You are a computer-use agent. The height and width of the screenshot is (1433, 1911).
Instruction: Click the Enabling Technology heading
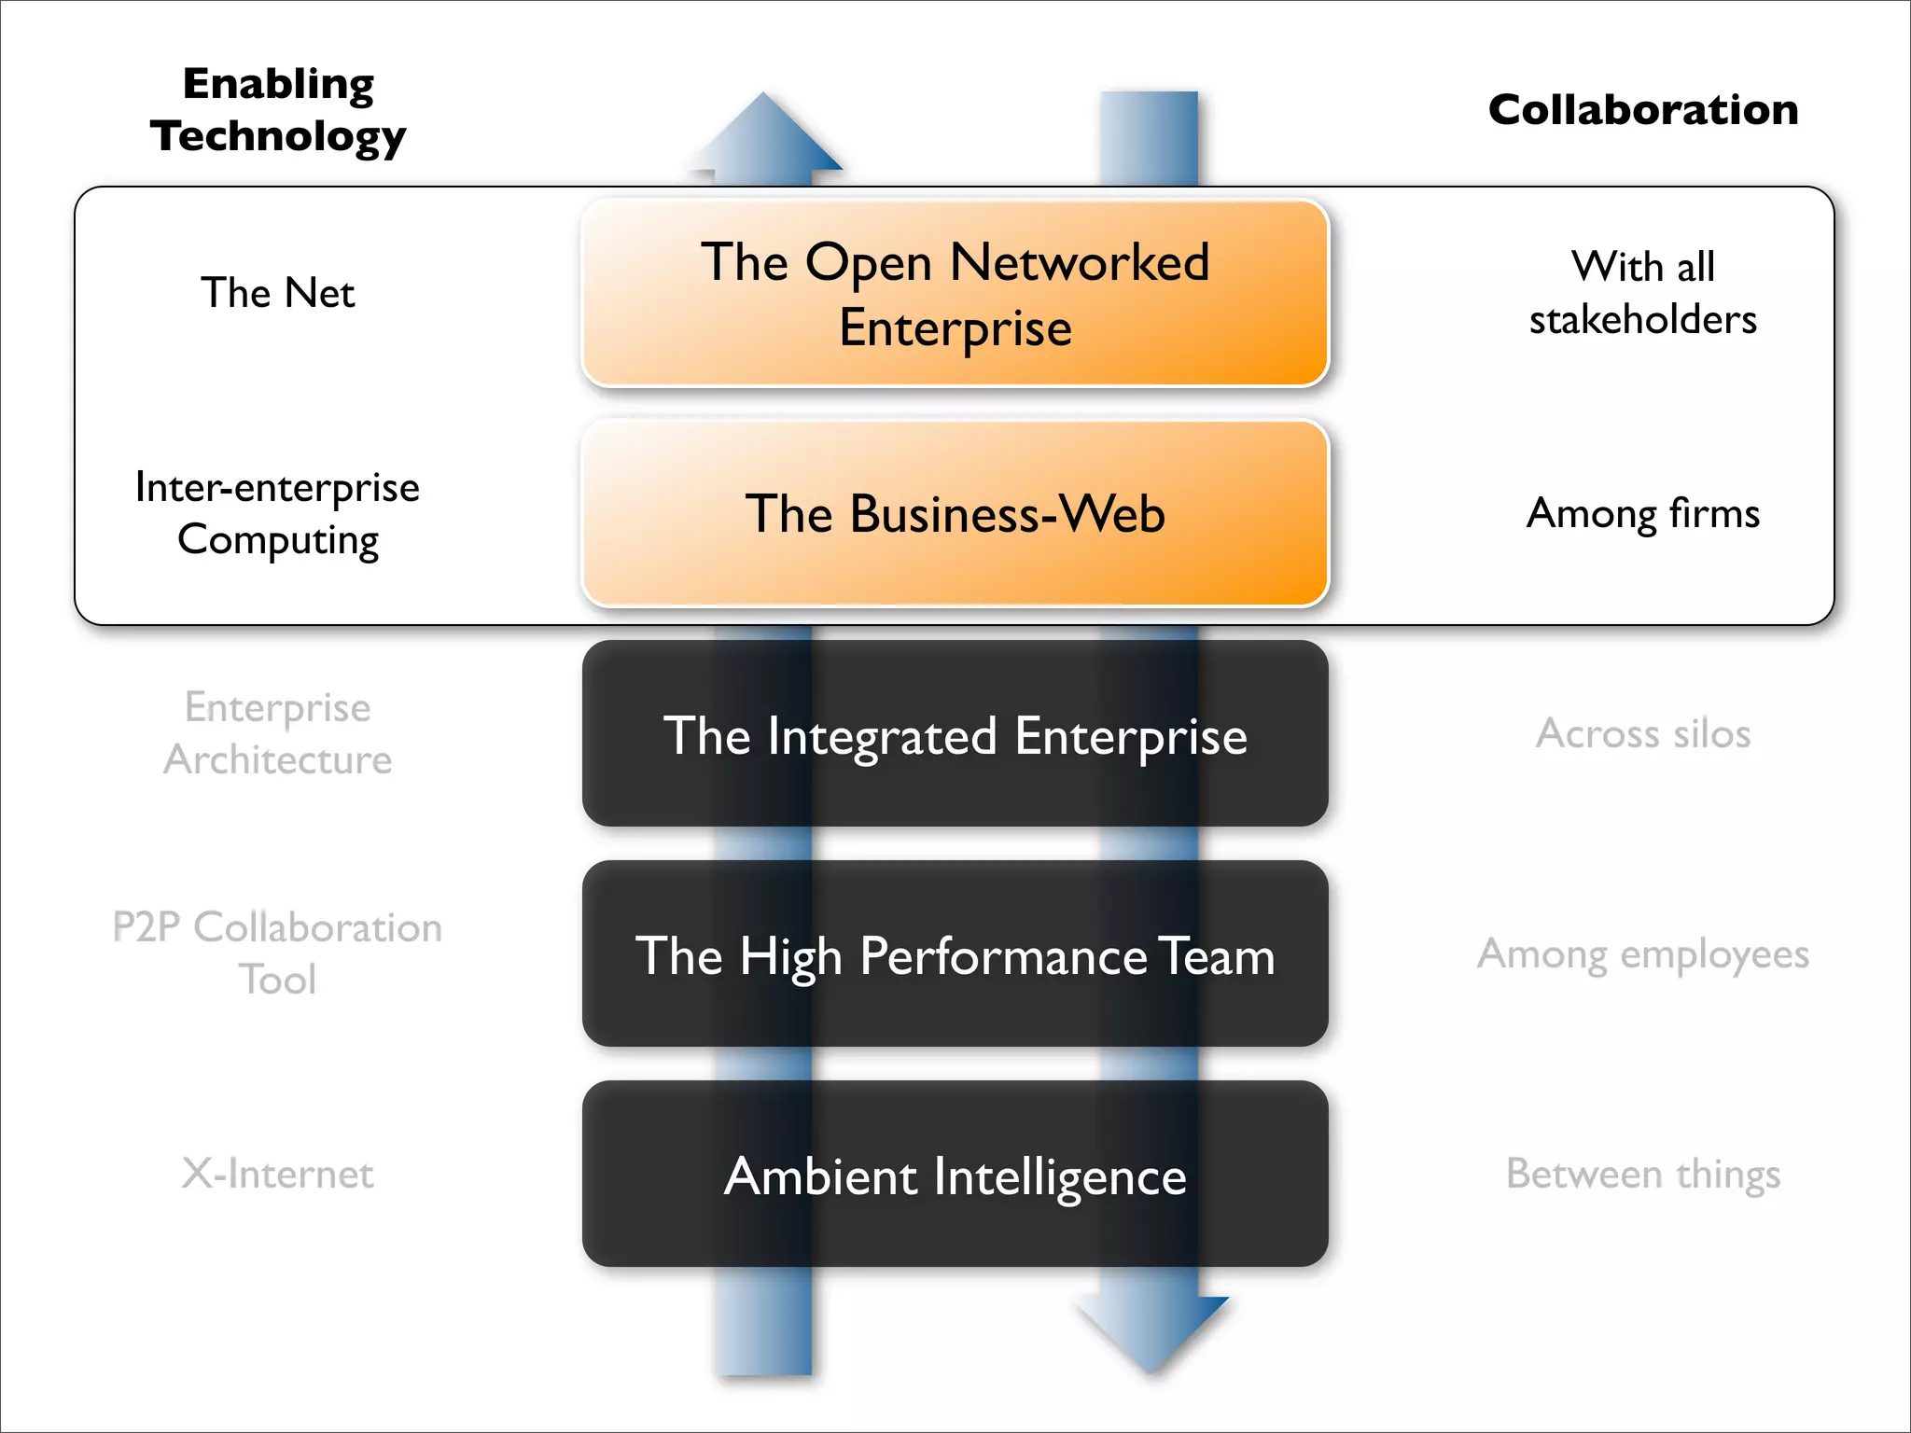click(278, 109)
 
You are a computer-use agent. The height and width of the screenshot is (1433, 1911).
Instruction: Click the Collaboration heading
click(1642, 110)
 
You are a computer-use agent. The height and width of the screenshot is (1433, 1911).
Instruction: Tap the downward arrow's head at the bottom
click(1151, 1329)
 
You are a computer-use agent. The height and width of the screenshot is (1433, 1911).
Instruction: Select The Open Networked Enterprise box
click(955, 293)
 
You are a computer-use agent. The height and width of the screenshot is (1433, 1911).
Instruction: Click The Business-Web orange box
click(955, 514)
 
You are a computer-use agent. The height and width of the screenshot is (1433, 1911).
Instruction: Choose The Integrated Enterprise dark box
click(955, 734)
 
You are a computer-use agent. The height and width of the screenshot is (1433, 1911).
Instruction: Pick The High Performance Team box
click(955, 954)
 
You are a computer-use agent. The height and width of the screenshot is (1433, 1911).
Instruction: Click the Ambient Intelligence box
click(955, 1175)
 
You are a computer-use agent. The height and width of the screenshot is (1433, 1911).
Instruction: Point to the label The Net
click(278, 293)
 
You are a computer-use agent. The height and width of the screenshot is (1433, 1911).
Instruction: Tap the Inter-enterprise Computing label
click(278, 513)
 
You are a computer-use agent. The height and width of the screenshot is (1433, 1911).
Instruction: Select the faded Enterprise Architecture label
click(278, 733)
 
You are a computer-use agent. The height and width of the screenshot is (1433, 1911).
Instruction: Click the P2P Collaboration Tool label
click(278, 953)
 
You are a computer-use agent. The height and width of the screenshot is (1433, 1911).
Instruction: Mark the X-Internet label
click(278, 1174)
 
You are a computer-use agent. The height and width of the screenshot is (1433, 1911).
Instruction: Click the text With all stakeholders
click(1642, 293)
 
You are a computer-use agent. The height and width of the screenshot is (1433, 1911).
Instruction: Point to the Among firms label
click(1642, 513)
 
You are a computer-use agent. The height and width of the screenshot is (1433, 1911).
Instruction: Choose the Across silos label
click(1642, 733)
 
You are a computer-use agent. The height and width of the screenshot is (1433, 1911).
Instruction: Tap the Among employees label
click(1642, 953)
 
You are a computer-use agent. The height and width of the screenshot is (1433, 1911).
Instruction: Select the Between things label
click(1642, 1174)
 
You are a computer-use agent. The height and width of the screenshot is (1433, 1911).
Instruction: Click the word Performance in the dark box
click(1003, 956)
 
